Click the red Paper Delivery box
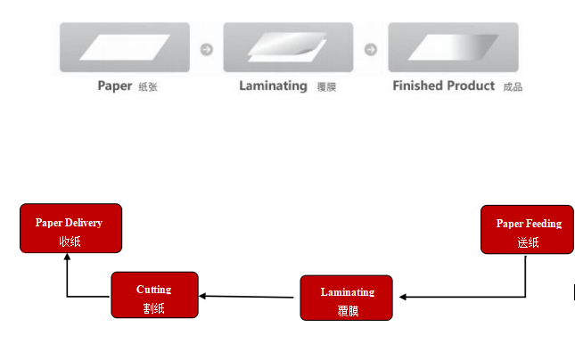click(70, 228)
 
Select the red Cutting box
click(155, 295)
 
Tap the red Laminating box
click(346, 298)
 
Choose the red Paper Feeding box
click(527, 230)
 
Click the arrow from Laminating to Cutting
click(246, 297)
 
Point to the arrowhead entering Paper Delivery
click(67, 257)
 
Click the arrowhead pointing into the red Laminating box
click(403, 297)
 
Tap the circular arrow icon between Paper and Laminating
click(207, 50)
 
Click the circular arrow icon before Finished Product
click(371, 50)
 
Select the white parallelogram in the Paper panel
click(125, 47)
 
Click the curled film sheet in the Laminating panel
click(287, 47)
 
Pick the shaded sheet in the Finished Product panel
click(453, 47)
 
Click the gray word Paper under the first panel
click(115, 86)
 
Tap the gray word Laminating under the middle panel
click(273, 86)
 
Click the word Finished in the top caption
click(418, 86)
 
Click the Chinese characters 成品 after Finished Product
click(513, 87)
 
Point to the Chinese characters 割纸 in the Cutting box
click(153, 308)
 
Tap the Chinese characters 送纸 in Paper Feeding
click(528, 242)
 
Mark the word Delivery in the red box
click(86, 223)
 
